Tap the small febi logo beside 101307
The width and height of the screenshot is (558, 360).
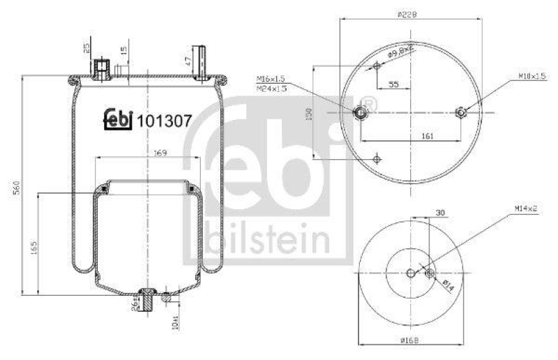pos(119,119)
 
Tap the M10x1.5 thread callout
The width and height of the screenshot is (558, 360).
pos(531,75)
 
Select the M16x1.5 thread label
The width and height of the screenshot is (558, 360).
pos(271,79)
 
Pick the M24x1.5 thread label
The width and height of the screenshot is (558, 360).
pos(271,89)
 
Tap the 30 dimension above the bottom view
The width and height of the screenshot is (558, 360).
pos(439,212)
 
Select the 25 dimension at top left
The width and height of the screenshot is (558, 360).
pos(86,48)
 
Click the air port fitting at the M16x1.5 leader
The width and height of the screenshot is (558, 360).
pos(361,113)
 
